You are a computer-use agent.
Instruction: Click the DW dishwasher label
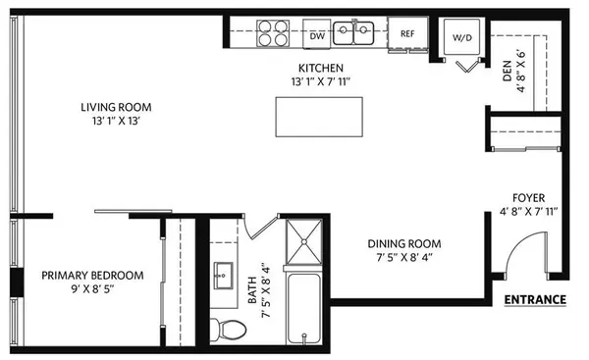pos(316,36)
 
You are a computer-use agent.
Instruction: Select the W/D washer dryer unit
pos(462,36)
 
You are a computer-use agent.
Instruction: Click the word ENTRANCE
pos(534,299)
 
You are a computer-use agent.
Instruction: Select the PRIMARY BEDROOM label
pos(93,276)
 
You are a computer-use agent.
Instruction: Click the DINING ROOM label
pos(404,243)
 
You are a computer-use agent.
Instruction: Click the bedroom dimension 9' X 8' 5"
pos(93,290)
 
